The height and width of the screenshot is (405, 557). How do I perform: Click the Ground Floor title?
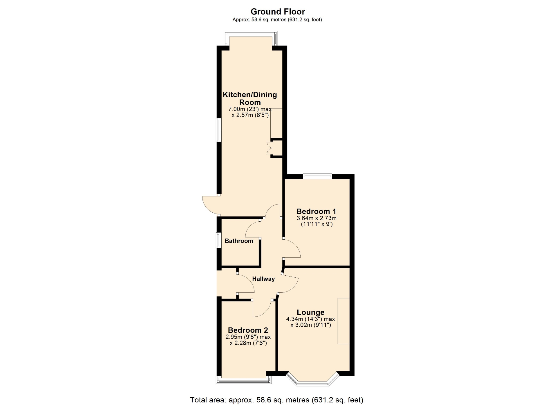(x=278, y=12)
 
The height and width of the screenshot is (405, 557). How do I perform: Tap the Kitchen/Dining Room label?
(x=250, y=98)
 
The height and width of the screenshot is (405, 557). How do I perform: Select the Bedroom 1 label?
(x=316, y=211)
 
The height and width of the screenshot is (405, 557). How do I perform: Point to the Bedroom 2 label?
(x=248, y=330)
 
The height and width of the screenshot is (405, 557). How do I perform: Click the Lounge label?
(x=311, y=312)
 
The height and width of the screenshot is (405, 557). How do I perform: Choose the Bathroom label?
(x=239, y=241)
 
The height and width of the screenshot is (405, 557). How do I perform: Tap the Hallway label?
(x=263, y=279)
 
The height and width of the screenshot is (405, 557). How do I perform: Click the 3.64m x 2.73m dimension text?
(x=317, y=218)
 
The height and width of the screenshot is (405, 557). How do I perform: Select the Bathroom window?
(x=218, y=240)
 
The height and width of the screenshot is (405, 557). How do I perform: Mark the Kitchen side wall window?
(x=218, y=130)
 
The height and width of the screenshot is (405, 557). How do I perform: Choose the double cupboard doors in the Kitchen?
(x=270, y=148)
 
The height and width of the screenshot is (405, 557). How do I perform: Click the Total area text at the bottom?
(x=276, y=400)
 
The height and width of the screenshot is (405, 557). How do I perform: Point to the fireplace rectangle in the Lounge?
(x=343, y=321)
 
